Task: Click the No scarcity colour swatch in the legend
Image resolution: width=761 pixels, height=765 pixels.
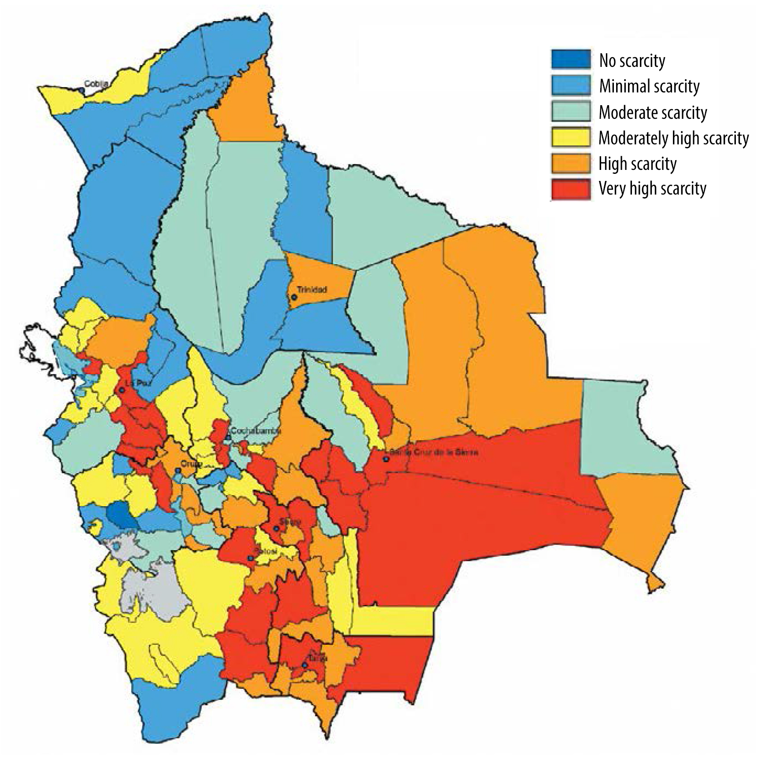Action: coord(571,59)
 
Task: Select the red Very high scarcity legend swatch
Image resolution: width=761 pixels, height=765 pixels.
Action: coord(571,189)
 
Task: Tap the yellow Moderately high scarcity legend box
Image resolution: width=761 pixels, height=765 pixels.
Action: coord(571,138)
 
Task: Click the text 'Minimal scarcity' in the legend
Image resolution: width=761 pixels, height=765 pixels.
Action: coord(649,86)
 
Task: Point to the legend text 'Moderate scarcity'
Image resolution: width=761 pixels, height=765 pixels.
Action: coord(653,112)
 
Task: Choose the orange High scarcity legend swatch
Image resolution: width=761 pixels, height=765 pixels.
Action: coord(571,163)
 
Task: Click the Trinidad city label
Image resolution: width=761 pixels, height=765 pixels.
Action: coord(312,290)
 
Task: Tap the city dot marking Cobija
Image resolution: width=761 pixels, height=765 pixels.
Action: coord(82,90)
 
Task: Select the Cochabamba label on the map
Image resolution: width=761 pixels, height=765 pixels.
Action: coord(255,431)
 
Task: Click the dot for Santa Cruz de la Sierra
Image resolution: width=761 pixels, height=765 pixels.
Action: coord(386,459)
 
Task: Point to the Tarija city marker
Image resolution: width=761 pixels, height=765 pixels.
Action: coord(304,665)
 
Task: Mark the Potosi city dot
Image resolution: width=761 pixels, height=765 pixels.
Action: coord(251,558)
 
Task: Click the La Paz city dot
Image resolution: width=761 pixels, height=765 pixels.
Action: coord(122,390)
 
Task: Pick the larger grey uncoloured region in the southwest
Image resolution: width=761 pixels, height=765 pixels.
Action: coord(154,590)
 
